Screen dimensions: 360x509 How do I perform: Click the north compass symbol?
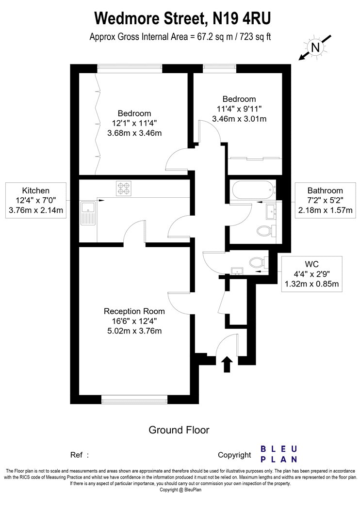click(315, 48)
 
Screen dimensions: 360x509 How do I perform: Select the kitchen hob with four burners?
click(124, 188)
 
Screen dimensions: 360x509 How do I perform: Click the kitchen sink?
click(88, 213)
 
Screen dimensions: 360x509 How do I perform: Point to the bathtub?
click(253, 190)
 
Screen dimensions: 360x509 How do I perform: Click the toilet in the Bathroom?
click(266, 231)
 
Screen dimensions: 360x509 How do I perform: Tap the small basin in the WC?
click(237, 270)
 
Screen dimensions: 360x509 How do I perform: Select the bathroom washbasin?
click(271, 212)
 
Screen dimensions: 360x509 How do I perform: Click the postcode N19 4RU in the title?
click(242, 18)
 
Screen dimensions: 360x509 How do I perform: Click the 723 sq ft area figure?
click(255, 37)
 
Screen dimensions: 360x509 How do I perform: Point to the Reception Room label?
click(134, 311)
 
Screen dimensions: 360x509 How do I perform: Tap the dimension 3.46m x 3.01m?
click(239, 119)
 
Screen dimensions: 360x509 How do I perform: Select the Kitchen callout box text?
click(36, 200)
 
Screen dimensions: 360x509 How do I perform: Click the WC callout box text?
click(311, 274)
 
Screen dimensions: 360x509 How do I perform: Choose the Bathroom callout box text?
click(325, 200)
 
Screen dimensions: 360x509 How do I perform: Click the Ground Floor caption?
click(179, 430)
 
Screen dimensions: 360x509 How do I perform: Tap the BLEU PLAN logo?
click(279, 454)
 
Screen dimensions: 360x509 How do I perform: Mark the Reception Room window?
click(134, 399)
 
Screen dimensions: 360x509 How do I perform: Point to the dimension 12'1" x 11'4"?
click(134, 123)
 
